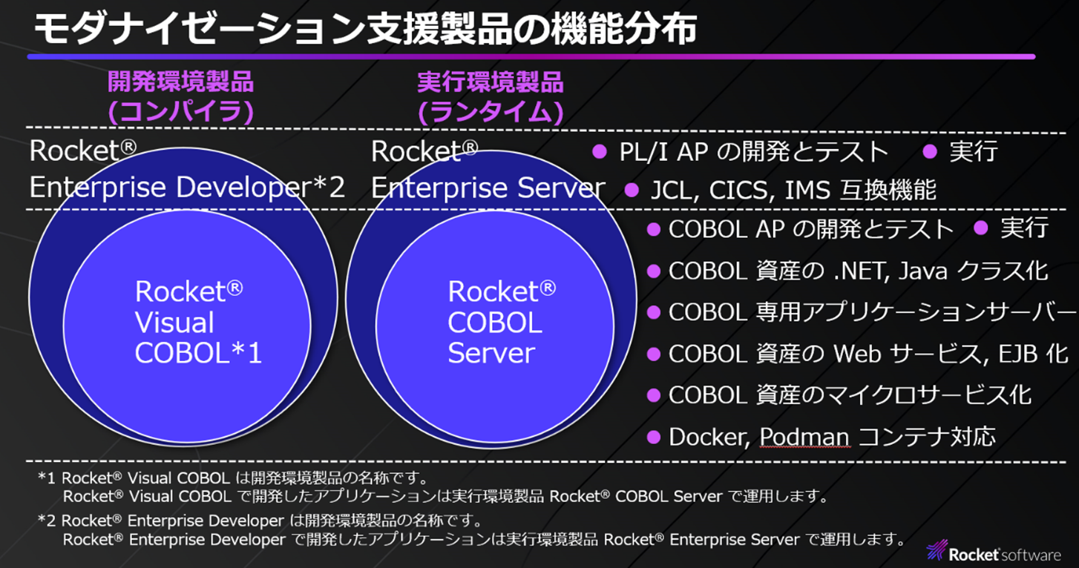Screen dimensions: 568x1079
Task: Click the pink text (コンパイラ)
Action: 180,111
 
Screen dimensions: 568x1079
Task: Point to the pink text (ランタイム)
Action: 491,111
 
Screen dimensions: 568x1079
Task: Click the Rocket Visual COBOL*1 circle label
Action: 199,322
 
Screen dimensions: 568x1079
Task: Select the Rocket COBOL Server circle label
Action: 502,322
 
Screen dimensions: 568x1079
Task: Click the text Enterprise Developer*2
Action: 187,188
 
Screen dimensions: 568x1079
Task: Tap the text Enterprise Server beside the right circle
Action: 488,188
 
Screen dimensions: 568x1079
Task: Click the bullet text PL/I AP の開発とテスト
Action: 753,152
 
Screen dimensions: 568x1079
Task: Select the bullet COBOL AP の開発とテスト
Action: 810,229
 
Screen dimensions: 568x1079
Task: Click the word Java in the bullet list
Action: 922,271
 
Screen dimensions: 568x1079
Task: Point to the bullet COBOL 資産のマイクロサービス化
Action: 850,394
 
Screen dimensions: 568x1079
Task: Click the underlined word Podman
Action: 804,437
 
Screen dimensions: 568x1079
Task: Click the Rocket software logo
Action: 994,552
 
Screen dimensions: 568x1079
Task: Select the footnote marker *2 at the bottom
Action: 47,520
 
